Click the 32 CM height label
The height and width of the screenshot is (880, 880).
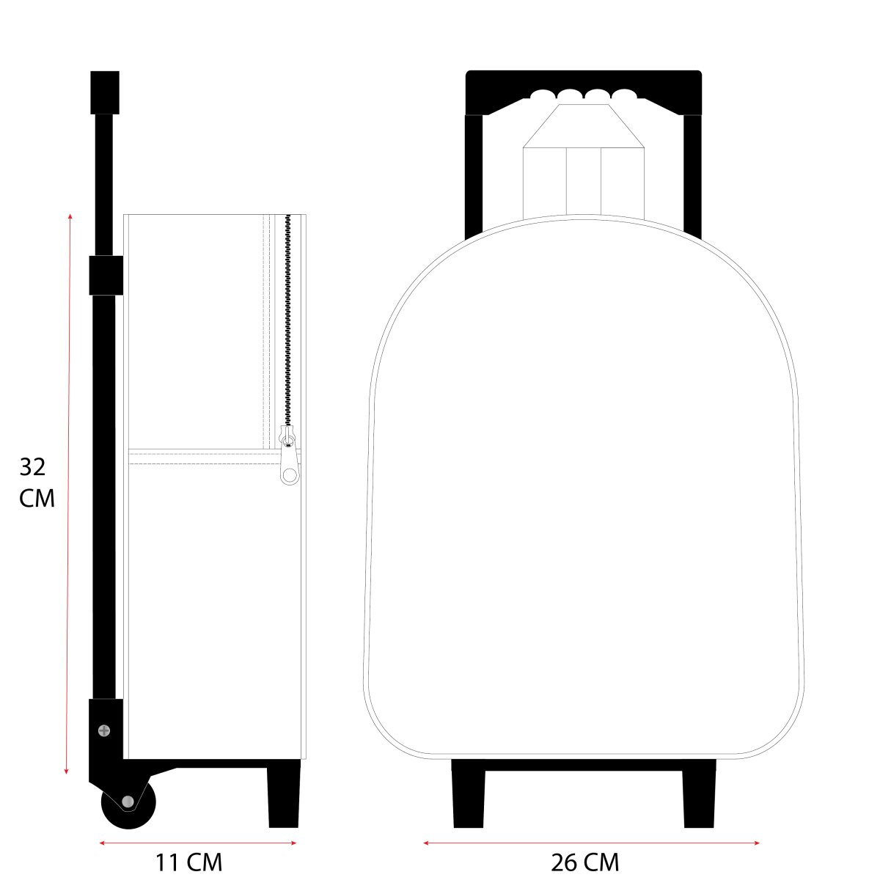(37, 483)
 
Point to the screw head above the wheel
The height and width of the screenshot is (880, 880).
(104, 730)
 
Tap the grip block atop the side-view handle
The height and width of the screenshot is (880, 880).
(105, 92)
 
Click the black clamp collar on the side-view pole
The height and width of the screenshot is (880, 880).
(106, 276)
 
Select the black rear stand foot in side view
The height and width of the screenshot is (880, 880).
(284, 798)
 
